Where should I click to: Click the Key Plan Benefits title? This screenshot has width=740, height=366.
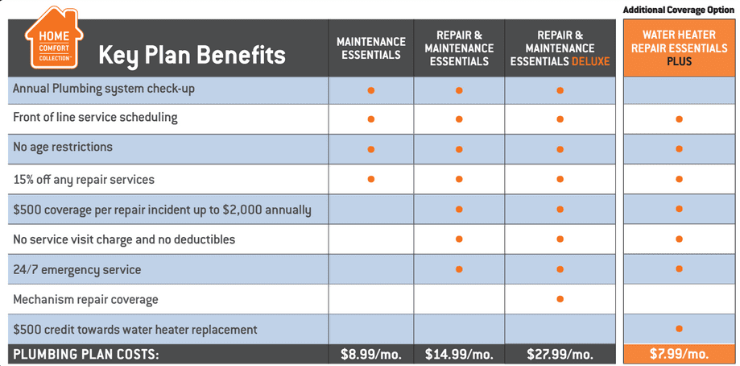(192, 55)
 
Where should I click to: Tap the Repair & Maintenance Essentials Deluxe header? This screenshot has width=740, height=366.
(560, 48)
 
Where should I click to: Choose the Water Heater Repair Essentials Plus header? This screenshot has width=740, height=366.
(679, 48)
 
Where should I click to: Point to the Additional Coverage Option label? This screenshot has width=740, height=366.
(679, 9)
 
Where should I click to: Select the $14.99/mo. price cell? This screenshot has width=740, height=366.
(458, 354)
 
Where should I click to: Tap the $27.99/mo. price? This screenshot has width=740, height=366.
(560, 354)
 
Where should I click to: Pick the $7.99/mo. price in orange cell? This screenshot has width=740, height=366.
(679, 354)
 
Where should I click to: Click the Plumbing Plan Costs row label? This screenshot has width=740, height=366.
(86, 354)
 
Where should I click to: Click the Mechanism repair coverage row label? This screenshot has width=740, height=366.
(85, 300)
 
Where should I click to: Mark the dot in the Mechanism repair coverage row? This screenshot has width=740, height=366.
(560, 299)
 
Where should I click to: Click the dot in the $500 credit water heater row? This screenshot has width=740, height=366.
(680, 329)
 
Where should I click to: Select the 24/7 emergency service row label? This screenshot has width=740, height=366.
(77, 270)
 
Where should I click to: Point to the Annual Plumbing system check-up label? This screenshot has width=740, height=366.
(104, 89)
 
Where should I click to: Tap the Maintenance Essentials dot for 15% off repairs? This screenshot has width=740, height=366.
(371, 179)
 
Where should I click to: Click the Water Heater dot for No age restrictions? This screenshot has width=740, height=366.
(680, 149)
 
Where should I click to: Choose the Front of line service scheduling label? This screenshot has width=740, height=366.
(95, 118)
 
